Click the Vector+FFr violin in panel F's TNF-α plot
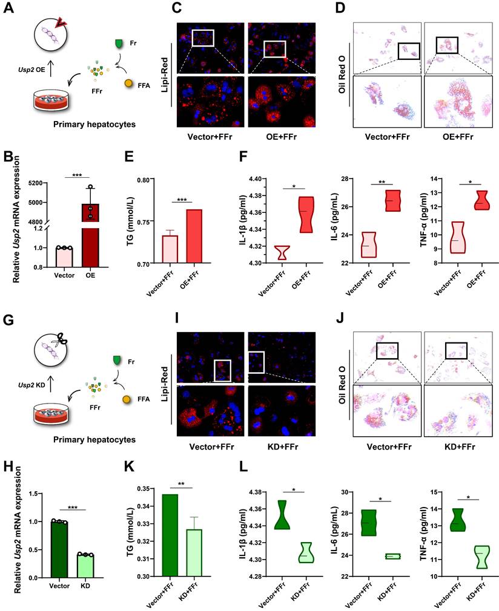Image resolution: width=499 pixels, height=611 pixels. tap(449, 237)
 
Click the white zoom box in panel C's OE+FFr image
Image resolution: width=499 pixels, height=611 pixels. tap(274, 48)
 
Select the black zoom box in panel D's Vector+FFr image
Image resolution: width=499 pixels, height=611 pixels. tap(409, 52)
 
